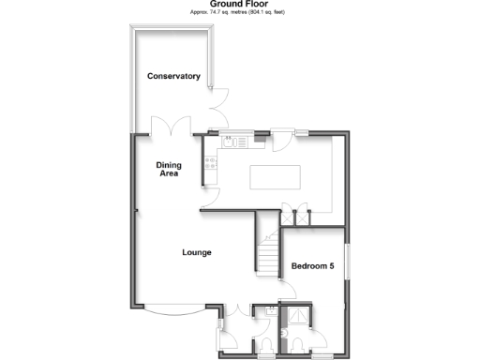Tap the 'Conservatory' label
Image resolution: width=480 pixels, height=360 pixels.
coord(173,76)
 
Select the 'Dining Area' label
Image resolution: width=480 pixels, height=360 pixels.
coord(168,168)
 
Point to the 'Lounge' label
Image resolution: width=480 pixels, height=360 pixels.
coord(196,252)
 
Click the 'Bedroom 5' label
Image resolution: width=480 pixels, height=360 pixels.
coord(312,266)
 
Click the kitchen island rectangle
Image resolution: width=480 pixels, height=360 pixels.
coord(274,176)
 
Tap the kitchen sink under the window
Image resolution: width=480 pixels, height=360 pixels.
coord(233,142)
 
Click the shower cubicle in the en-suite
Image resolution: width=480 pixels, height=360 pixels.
coord(300,317)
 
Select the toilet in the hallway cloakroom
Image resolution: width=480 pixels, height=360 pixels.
coord(264,349)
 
